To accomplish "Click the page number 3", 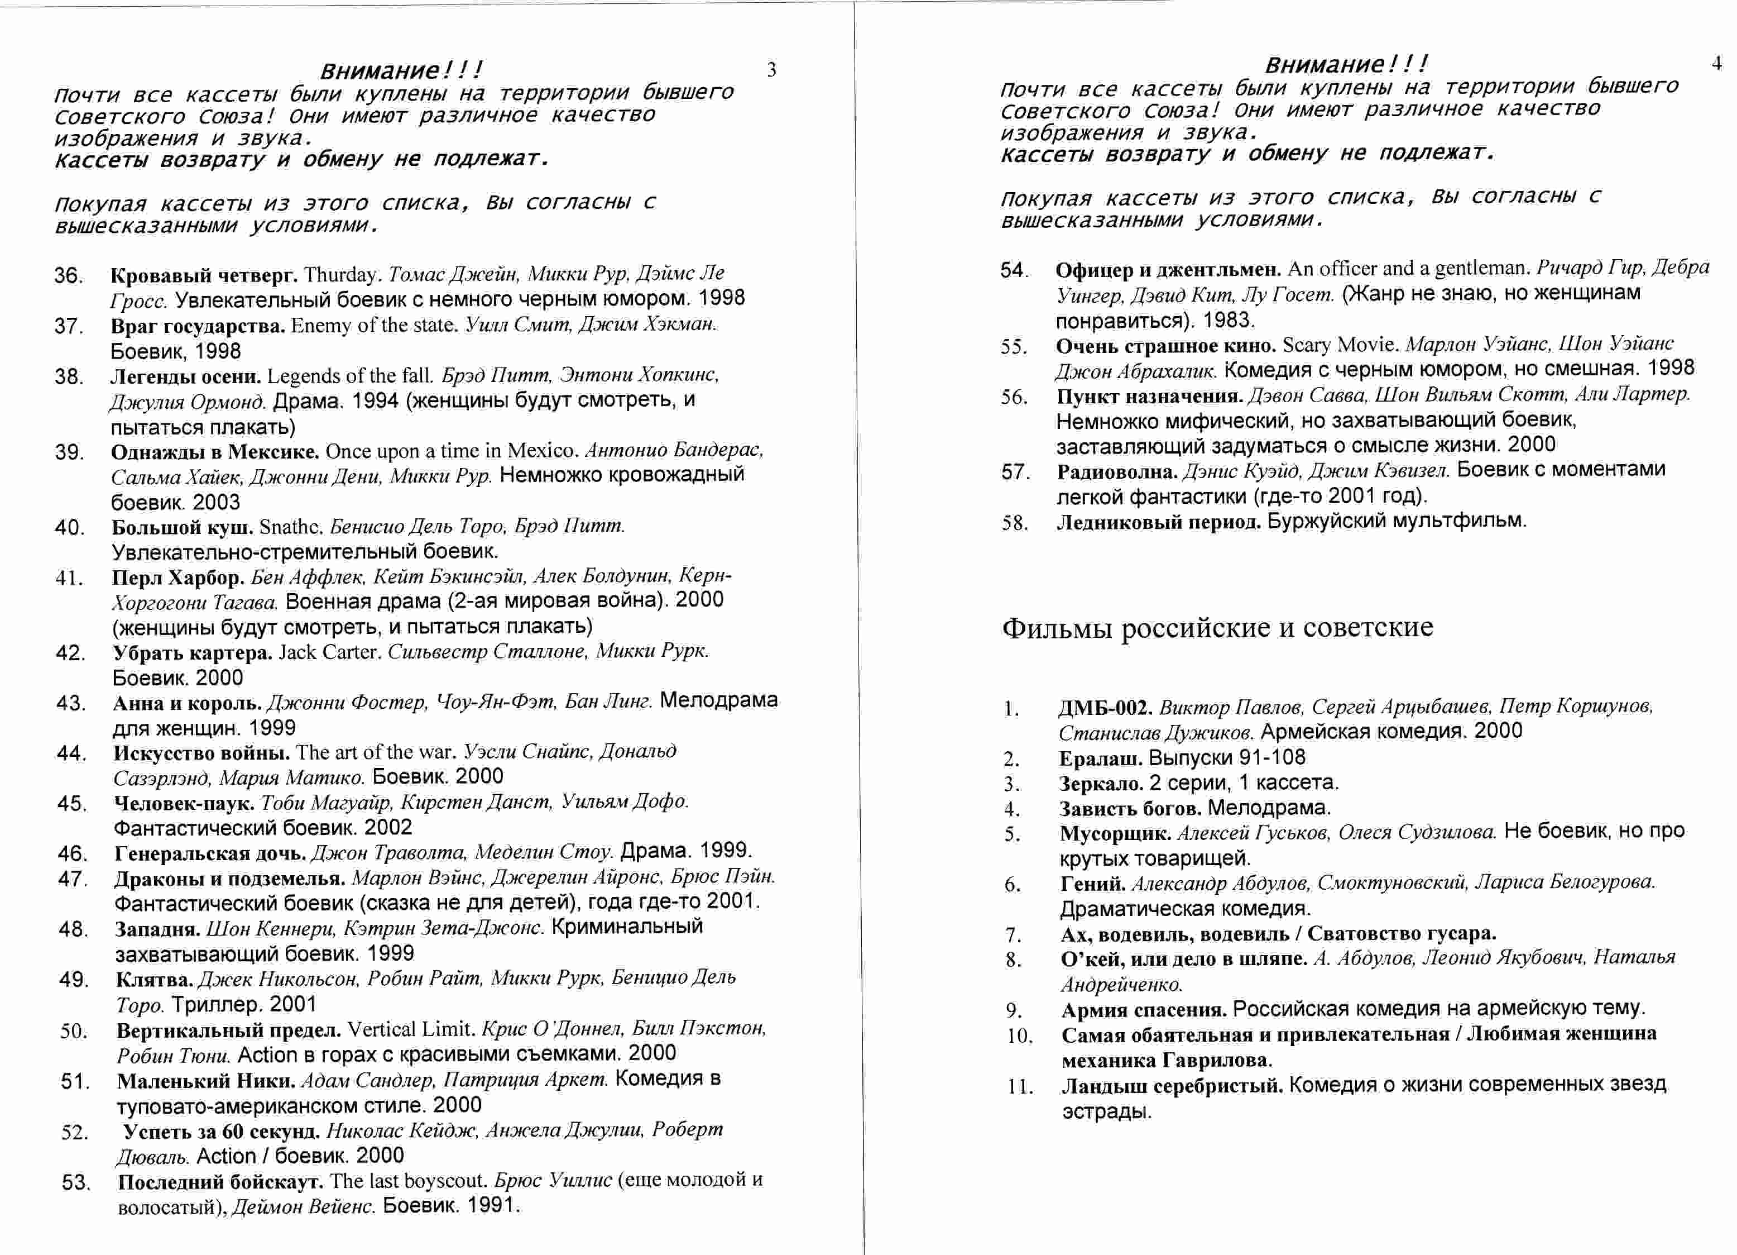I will (771, 70).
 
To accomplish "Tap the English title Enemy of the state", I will (374, 326).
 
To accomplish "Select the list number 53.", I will (76, 1182).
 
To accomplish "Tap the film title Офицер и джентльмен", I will (1168, 269).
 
